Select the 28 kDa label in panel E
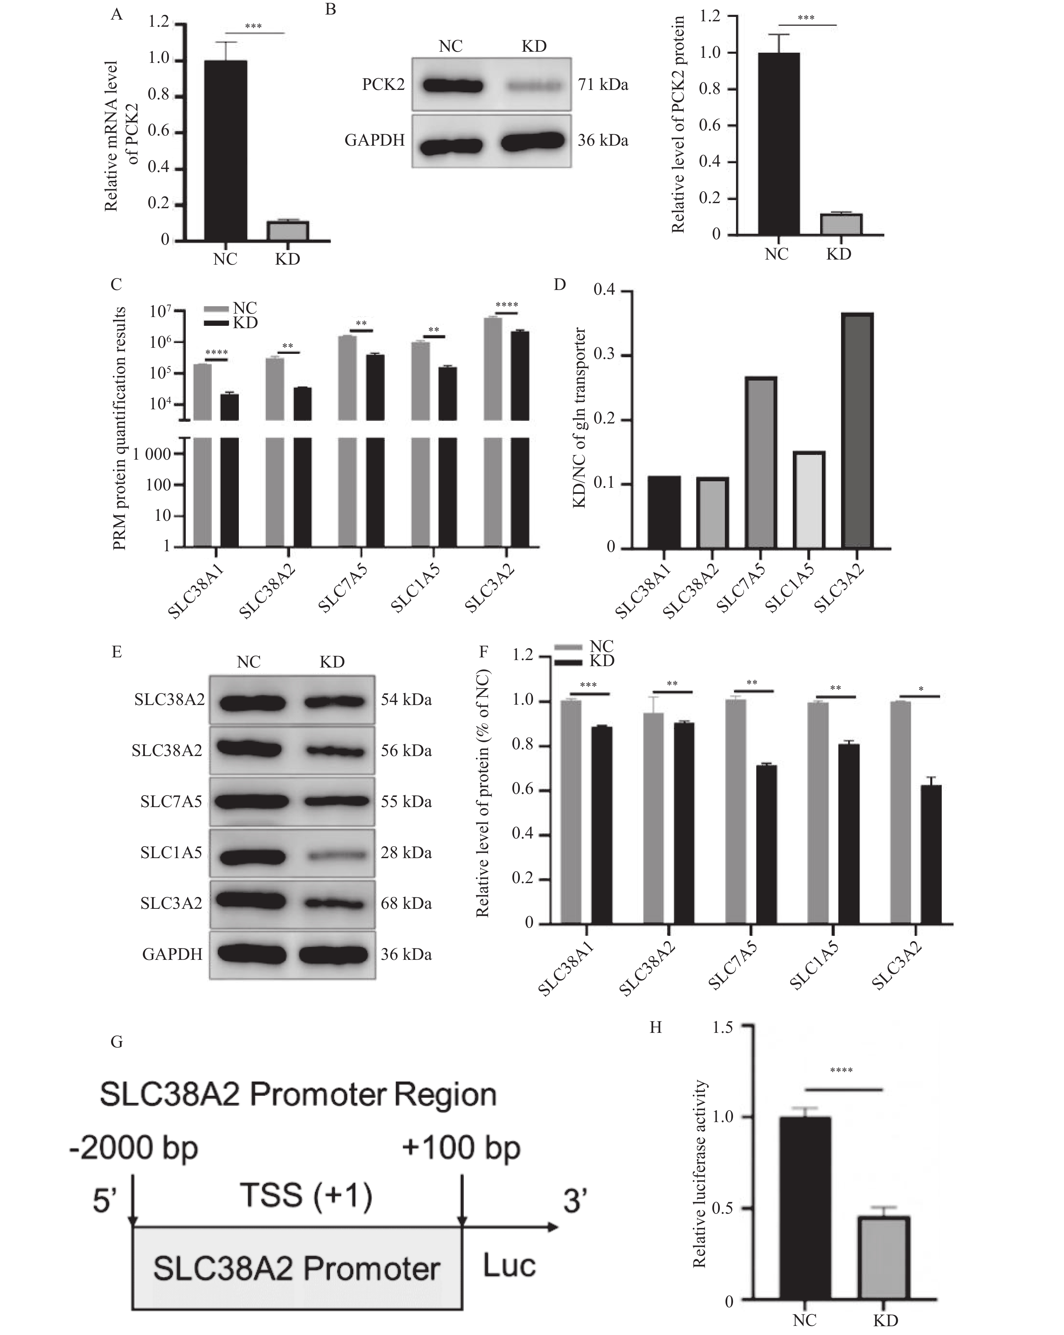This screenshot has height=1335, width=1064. [406, 853]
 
